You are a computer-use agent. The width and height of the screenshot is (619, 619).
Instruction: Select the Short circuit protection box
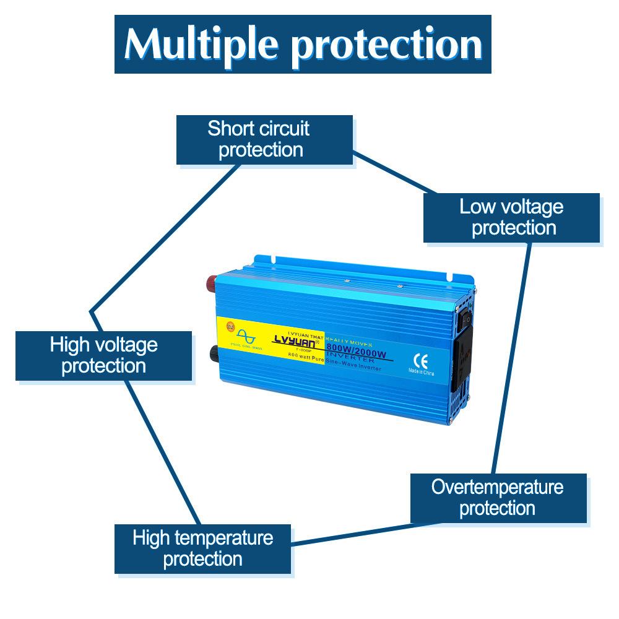coord(264,139)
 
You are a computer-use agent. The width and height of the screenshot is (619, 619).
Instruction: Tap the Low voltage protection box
coord(511,217)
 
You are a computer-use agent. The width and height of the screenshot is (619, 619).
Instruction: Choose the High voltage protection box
coord(103,355)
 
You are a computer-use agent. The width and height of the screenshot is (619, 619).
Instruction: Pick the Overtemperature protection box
coord(498,498)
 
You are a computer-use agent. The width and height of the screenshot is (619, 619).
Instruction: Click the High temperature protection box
coord(202,548)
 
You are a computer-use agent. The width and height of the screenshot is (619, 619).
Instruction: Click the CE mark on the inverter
coord(418,358)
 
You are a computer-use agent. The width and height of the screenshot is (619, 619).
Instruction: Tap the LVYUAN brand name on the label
coord(293,339)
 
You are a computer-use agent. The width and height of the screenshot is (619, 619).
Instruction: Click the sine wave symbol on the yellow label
coord(245,335)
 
